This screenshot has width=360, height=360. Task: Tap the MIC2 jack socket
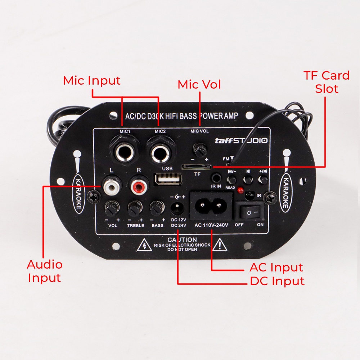[x=161, y=152]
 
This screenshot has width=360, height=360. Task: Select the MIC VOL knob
[x=200, y=149]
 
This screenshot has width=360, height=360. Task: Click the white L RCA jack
[x=112, y=185]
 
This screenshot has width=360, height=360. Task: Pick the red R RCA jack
[x=139, y=185]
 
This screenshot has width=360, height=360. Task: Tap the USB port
[x=168, y=179]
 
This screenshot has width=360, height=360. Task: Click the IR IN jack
[x=216, y=178]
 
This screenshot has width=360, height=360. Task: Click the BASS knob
[x=157, y=208]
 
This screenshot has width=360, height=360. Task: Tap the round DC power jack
[x=178, y=208]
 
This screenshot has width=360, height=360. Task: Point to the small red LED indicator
[x=240, y=190]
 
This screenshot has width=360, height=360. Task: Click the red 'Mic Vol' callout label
[x=199, y=84]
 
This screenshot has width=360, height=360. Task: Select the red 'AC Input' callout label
[x=276, y=267]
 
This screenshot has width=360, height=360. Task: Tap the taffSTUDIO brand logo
[x=241, y=140]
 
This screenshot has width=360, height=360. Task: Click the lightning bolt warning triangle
[x=144, y=245]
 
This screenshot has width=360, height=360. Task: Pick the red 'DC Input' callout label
[x=277, y=281]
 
